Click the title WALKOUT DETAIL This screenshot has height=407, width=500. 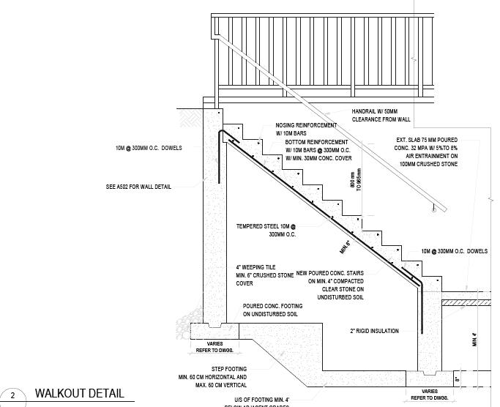point(80,394)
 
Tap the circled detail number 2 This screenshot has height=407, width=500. point(12,395)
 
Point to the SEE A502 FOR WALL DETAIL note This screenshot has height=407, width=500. point(138,187)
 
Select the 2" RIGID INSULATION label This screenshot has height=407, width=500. point(374,331)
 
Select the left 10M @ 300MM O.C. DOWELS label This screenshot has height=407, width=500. point(148,148)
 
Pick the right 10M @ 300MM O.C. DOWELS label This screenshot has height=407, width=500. point(454,251)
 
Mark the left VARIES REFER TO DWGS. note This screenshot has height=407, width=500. point(215,346)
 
